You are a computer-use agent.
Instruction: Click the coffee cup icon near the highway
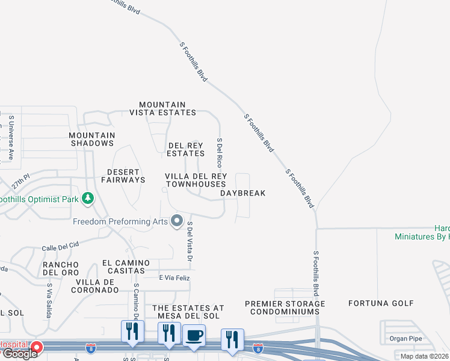coord(194,335)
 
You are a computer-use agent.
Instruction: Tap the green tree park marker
coord(88,198)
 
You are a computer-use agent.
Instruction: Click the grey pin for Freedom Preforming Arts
coord(177,221)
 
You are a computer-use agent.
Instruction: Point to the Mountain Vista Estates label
coord(162,108)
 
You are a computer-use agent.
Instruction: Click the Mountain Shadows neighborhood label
coord(91,140)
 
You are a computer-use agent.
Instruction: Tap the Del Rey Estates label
coord(186,149)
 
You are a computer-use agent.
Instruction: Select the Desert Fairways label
coord(123,176)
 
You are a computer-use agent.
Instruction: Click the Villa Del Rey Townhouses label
coord(196,180)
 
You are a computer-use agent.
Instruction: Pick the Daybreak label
coord(242,193)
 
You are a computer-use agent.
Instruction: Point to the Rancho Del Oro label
coord(61,269)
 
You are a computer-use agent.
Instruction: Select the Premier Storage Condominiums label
coord(285,307)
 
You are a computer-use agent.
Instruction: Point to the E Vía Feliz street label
coord(174,277)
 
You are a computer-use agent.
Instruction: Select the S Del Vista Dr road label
coord(189,241)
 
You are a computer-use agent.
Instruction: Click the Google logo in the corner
coord(19,354)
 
